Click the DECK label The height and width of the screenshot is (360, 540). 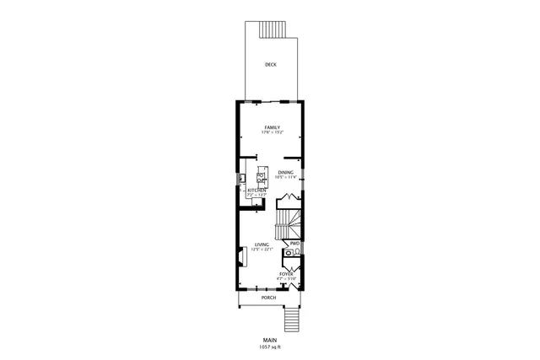click(x=270, y=65)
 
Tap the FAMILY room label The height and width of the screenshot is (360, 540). click(x=272, y=127)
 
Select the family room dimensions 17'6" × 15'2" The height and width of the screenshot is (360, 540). click(x=272, y=132)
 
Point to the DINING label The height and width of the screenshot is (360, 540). click(x=286, y=172)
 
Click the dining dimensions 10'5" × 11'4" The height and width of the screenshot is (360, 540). click(x=286, y=177)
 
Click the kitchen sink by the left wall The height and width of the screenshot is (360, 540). click(x=241, y=178)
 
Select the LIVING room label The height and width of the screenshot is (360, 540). click(x=262, y=244)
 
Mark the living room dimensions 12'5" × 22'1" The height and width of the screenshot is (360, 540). click(x=262, y=250)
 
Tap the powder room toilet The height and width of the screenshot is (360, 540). click(x=288, y=252)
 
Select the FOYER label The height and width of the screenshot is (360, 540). click(x=286, y=274)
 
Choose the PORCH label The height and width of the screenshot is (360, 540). click(x=268, y=298)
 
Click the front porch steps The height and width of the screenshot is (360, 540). click(x=292, y=320)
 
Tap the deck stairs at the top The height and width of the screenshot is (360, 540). click(x=275, y=29)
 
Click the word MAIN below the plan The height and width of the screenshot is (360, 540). click(x=270, y=341)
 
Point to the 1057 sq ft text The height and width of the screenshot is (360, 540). click(x=270, y=347)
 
